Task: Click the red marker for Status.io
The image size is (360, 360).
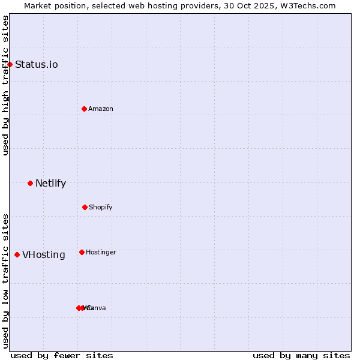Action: click(10, 64)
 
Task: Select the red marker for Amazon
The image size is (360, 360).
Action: click(84, 109)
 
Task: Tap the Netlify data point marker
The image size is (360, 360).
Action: click(30, 183)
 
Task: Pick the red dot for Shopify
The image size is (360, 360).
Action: click(85, 207)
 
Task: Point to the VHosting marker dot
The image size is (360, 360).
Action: click(17, 254)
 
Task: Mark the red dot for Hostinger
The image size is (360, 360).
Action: click(82, 252)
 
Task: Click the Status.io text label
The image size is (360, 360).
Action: click(37, 64)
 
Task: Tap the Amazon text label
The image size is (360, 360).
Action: click(101, 109)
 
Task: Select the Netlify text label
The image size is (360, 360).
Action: click(50, 183)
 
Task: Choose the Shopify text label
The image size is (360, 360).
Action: click(101, 207)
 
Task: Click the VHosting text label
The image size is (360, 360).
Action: click(44, 254)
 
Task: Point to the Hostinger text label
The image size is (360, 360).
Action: click(101, 252)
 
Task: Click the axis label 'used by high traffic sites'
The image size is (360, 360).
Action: click(5, 85)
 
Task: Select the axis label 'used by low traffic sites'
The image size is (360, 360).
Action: click(5, 281)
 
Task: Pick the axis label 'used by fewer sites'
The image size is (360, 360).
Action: click(62, 355)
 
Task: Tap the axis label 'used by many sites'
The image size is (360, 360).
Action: click(301, 355)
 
